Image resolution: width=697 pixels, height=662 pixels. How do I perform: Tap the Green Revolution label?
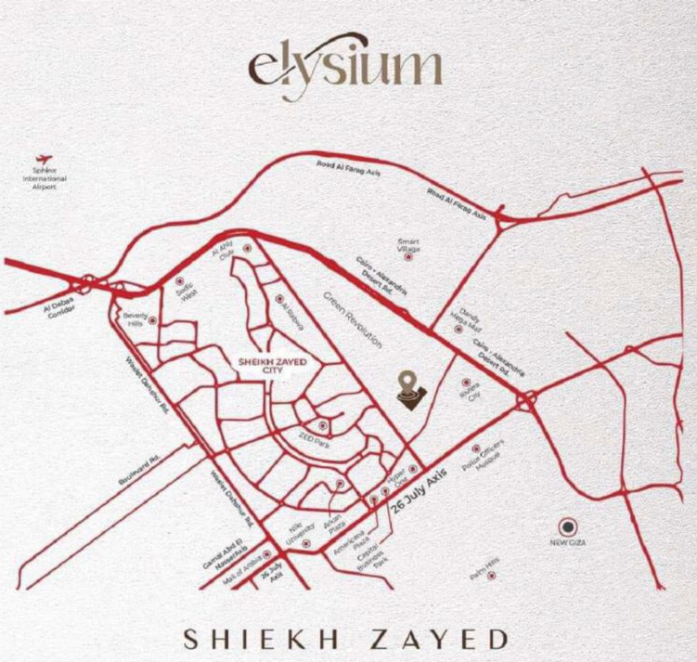pyautogui.click(x=353, y=320)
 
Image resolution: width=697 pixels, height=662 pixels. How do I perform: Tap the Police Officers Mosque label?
pyautogui.click(x=489, y=461)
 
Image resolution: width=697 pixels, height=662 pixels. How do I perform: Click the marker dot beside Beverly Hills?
pyautogui.click(x=152, y=321)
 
